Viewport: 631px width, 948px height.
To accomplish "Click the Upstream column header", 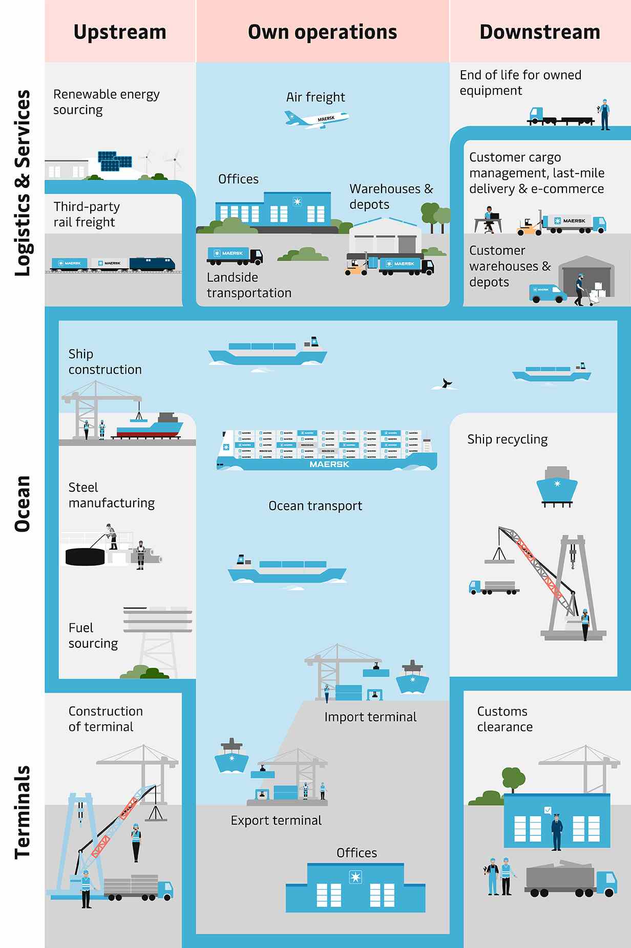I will [x=120, y=32].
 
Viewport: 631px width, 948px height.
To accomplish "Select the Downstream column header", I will [x=540, y=32].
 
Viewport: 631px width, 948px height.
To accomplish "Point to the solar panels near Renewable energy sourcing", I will [x=115, y=160].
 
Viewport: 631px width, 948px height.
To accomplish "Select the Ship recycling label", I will [x=507, y=439].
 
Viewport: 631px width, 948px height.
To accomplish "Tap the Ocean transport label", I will [x=315, y=506].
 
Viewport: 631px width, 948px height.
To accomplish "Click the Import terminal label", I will [x=370, y=717].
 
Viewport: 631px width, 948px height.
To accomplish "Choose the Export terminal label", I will [x=276, y=820].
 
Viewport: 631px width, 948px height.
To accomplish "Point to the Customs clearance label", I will [x=504, y=719].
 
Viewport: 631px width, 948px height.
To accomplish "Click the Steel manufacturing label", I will [x=111, y=495].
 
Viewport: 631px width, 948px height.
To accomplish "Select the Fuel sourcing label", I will [x=93, y=636].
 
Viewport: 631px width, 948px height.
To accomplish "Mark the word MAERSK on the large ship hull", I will [x=329, y=464].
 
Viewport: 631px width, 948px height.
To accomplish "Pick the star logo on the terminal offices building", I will [x=355, y=877].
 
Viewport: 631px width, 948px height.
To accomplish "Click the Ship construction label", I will [x=104, y=362].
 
